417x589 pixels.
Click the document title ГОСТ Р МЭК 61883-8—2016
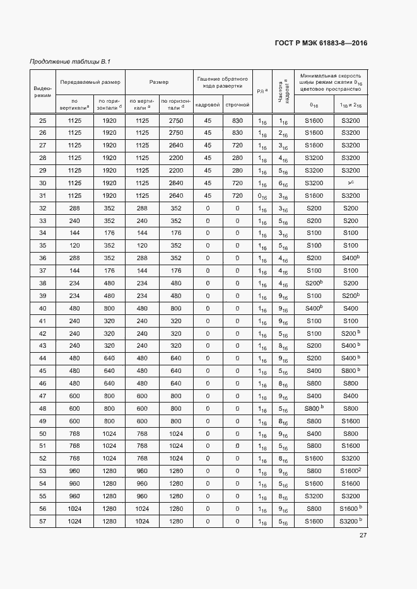321,43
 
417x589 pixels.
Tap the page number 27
363,535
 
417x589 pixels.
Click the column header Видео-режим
42,91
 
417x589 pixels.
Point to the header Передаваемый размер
90,82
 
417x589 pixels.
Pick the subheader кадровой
208,103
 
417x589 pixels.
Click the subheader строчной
237,103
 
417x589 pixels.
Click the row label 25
42,120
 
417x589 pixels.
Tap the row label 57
42,521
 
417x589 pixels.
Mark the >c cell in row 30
350,183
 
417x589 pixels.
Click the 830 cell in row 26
237,133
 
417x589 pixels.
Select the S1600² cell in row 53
350,471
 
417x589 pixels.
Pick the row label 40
42,308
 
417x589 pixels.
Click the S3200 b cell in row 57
350,521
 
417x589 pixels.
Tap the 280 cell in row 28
237,157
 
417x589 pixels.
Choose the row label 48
42,408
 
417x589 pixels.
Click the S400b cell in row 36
350,258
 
